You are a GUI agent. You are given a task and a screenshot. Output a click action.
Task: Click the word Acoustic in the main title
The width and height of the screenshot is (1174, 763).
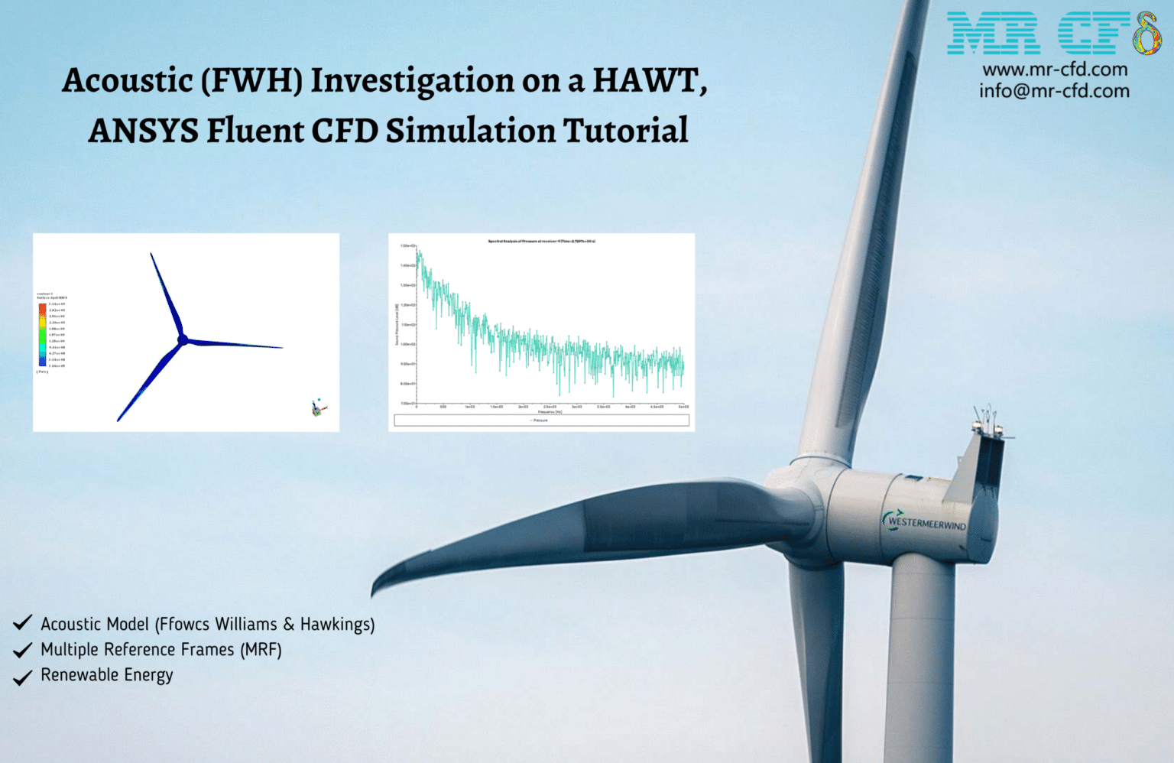tap(128, 81)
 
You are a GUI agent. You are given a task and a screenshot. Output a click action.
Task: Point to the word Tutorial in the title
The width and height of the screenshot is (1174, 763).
tap(625, 131)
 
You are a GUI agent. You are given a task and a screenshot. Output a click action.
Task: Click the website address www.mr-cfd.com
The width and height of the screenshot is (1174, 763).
tap(1054, 70)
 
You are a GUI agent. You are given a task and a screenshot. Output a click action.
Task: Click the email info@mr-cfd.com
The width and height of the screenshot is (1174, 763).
tap(1054, 91)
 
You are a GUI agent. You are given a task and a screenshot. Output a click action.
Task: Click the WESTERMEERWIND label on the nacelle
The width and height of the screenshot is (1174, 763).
tap(926, 523)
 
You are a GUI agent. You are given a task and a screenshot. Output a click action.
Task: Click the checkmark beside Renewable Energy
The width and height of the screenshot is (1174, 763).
tap(23, 677)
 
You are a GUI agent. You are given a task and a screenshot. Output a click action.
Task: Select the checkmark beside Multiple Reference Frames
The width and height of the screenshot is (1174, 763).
tap(23, 651)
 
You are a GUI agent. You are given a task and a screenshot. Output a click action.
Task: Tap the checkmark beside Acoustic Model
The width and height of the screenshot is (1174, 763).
tap(23, 623)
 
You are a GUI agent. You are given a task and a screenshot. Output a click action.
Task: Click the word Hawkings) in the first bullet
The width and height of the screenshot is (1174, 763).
tap(337, 625)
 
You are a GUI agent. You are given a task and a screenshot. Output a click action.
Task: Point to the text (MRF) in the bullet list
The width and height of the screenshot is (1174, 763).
tap(261, 650)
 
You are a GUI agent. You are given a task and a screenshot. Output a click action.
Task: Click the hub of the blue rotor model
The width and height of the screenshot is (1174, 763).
tap(183, 340)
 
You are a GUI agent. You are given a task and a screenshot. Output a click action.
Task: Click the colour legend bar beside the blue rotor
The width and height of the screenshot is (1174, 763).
tap(43, 335)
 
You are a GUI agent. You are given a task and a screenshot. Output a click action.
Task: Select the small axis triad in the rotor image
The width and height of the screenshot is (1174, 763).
tap(318, 407)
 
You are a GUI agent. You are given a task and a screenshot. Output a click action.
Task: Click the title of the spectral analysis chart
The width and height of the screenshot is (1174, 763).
tap(541, 242)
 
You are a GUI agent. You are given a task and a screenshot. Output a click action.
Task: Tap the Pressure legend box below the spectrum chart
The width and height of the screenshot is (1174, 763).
tap(541, 420)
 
